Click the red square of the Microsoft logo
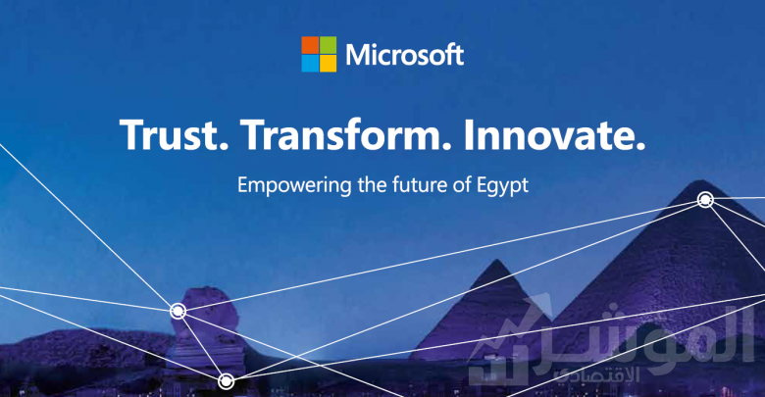310,45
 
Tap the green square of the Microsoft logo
328,45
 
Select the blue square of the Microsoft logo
310,63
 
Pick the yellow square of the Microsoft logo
328,63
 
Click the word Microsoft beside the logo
404,54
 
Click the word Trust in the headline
174,135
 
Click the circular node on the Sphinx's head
178,311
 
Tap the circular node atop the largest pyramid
705,199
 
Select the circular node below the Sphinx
226,381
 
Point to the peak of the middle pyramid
496,260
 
